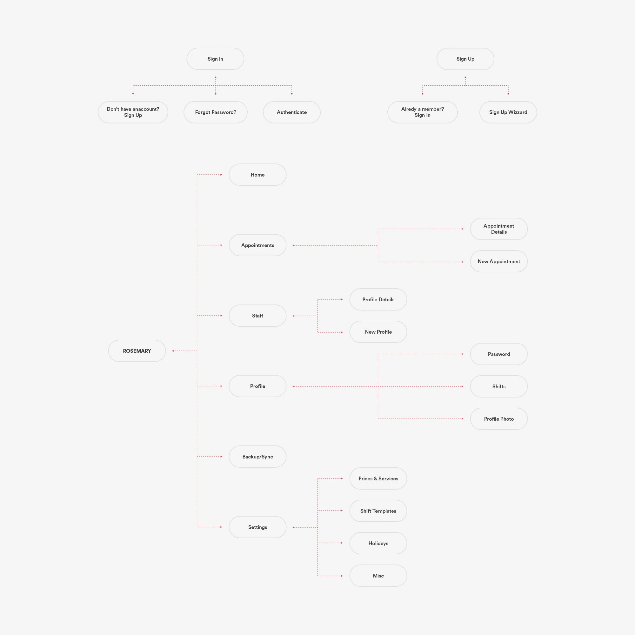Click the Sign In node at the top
[215, 59]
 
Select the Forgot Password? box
[215, 112]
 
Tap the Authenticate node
[291, 112]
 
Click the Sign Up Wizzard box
[508, 112]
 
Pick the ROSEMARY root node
[137, 351]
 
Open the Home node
[257, 175]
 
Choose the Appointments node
[257, 245]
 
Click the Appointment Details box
[498, 229]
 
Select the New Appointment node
[498, 261]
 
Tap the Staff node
[257, 316]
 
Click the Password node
[498, 354]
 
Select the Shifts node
[498, 386]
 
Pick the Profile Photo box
[498, 419]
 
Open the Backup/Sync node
[257, 457]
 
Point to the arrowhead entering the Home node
[221, 175]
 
